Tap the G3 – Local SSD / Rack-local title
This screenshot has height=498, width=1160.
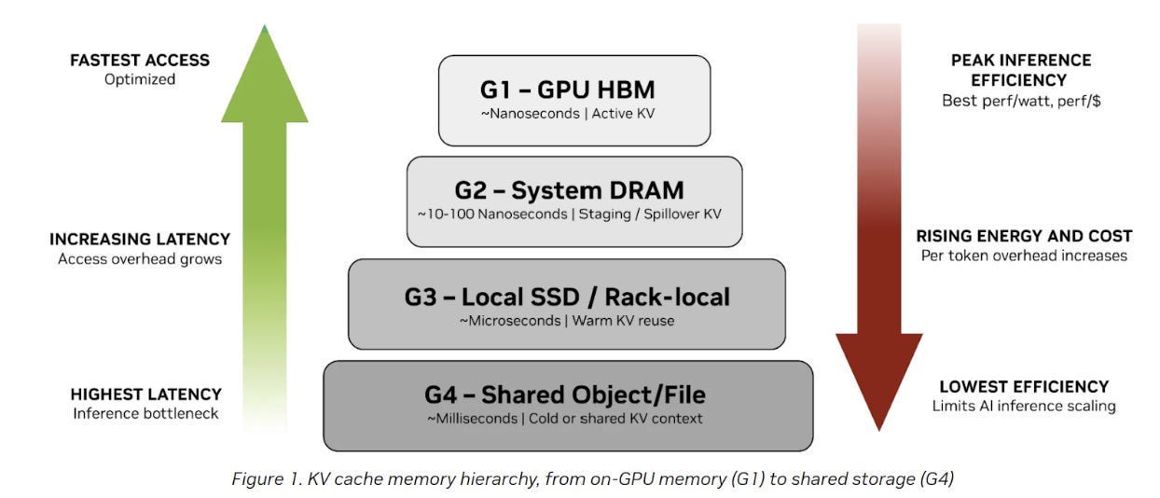tap(567, 297)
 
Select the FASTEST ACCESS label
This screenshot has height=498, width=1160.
tap(140, 60)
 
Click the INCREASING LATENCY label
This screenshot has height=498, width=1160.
tap(140, 240)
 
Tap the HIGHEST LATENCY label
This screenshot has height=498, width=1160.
tap(146, 394)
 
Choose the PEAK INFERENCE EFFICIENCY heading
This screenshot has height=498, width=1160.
tap(1020, 70)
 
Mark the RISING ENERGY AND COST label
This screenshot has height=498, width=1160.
tap(1024, 236)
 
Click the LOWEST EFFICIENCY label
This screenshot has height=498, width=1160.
tap(1024, 386)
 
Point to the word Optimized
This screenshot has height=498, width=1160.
tap(140, 79)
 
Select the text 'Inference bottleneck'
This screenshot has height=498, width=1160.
tap(146, 413)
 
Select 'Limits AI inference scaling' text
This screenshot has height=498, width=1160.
tap(1024, 406)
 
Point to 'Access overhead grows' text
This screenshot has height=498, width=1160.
tap(140, 259)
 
